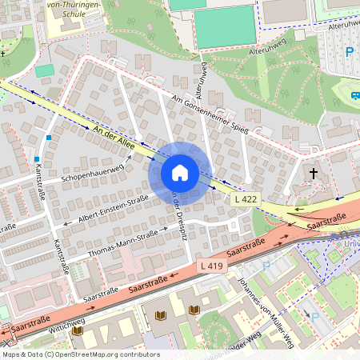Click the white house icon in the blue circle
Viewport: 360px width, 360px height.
pos(180,173)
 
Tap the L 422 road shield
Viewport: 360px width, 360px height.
pos(246,198)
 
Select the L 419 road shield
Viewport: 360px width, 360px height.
pos(211,266)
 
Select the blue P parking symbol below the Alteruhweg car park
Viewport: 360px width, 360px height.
pos(349,52)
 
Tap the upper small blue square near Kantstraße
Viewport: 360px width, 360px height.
pos(49,138)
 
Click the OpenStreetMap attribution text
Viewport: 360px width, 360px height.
pos(80,354)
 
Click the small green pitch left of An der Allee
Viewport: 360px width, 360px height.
pos(45,70)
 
